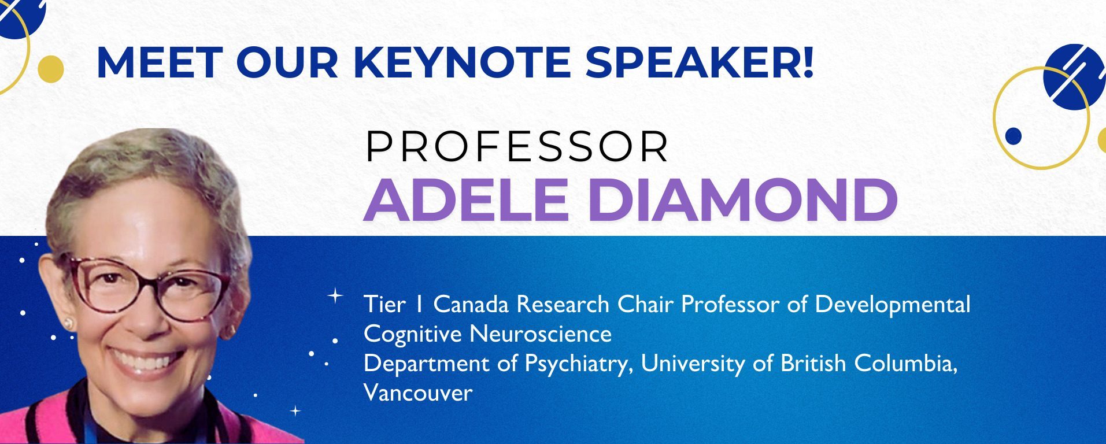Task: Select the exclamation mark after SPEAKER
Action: point(807,62)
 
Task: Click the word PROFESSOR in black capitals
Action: point(517,147)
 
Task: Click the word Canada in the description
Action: point(471,304)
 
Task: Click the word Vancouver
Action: point(418,393)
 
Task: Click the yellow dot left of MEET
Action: point(51,69)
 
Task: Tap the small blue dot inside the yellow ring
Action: point(1013,136)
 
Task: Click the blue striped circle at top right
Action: point(1074,77)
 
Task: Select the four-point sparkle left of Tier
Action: point(335,296)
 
